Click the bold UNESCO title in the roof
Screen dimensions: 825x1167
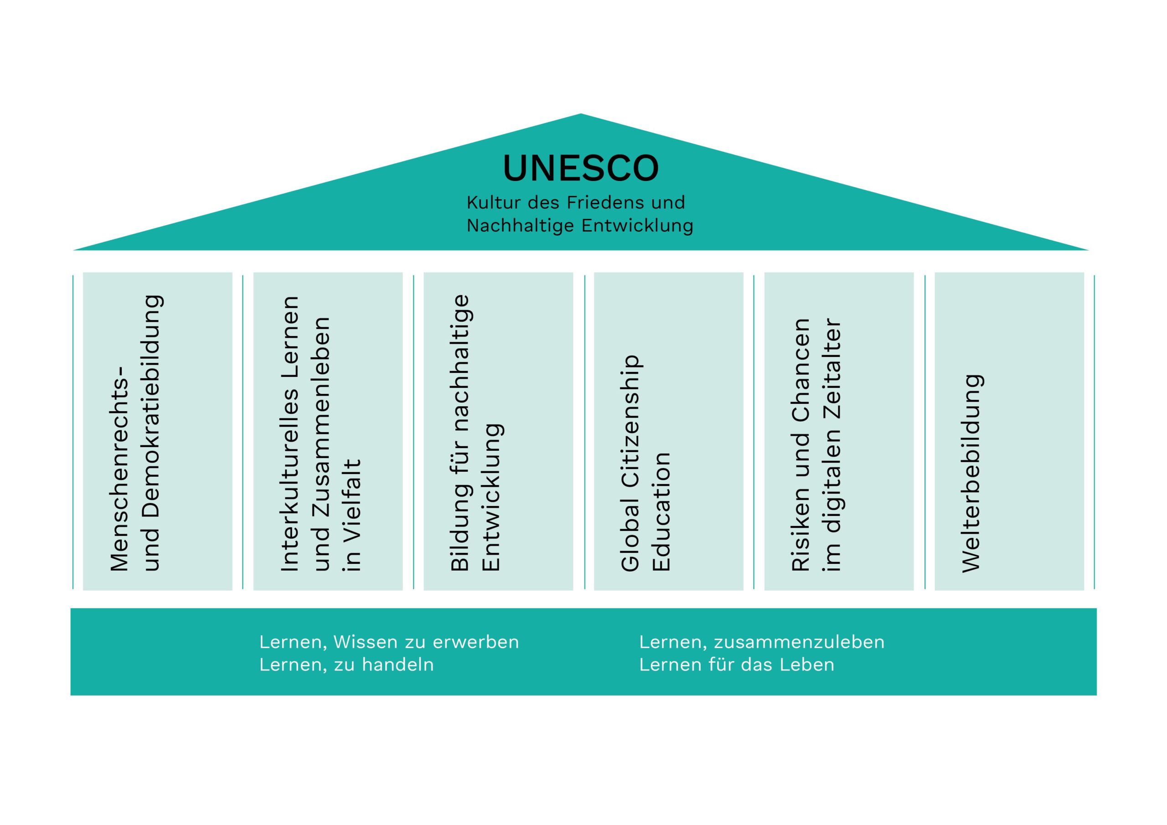point(580,168)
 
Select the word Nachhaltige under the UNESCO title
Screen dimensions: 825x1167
point(521,225)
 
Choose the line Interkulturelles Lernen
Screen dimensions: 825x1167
point(290,433)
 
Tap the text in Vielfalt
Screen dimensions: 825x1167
point(352,515)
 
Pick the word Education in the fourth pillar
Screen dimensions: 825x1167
point(662,511)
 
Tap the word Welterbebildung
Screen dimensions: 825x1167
point(971,473)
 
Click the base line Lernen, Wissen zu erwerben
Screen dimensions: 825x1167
point(389,642)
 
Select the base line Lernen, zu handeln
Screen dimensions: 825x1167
point(346,665)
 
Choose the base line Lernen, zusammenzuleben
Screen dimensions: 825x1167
point(761,642)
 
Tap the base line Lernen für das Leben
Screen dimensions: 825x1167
point(737,665)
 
